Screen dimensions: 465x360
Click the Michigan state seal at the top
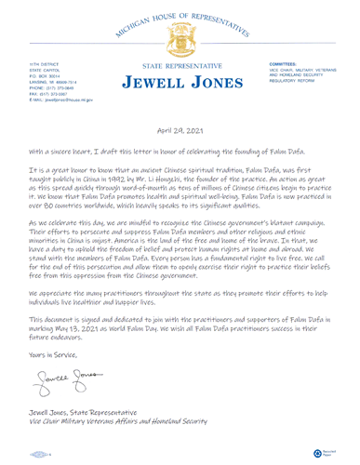click(180, 41)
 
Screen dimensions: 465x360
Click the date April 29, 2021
click(180, 132)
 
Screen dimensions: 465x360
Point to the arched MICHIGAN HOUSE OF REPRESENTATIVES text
click(180, 13)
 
